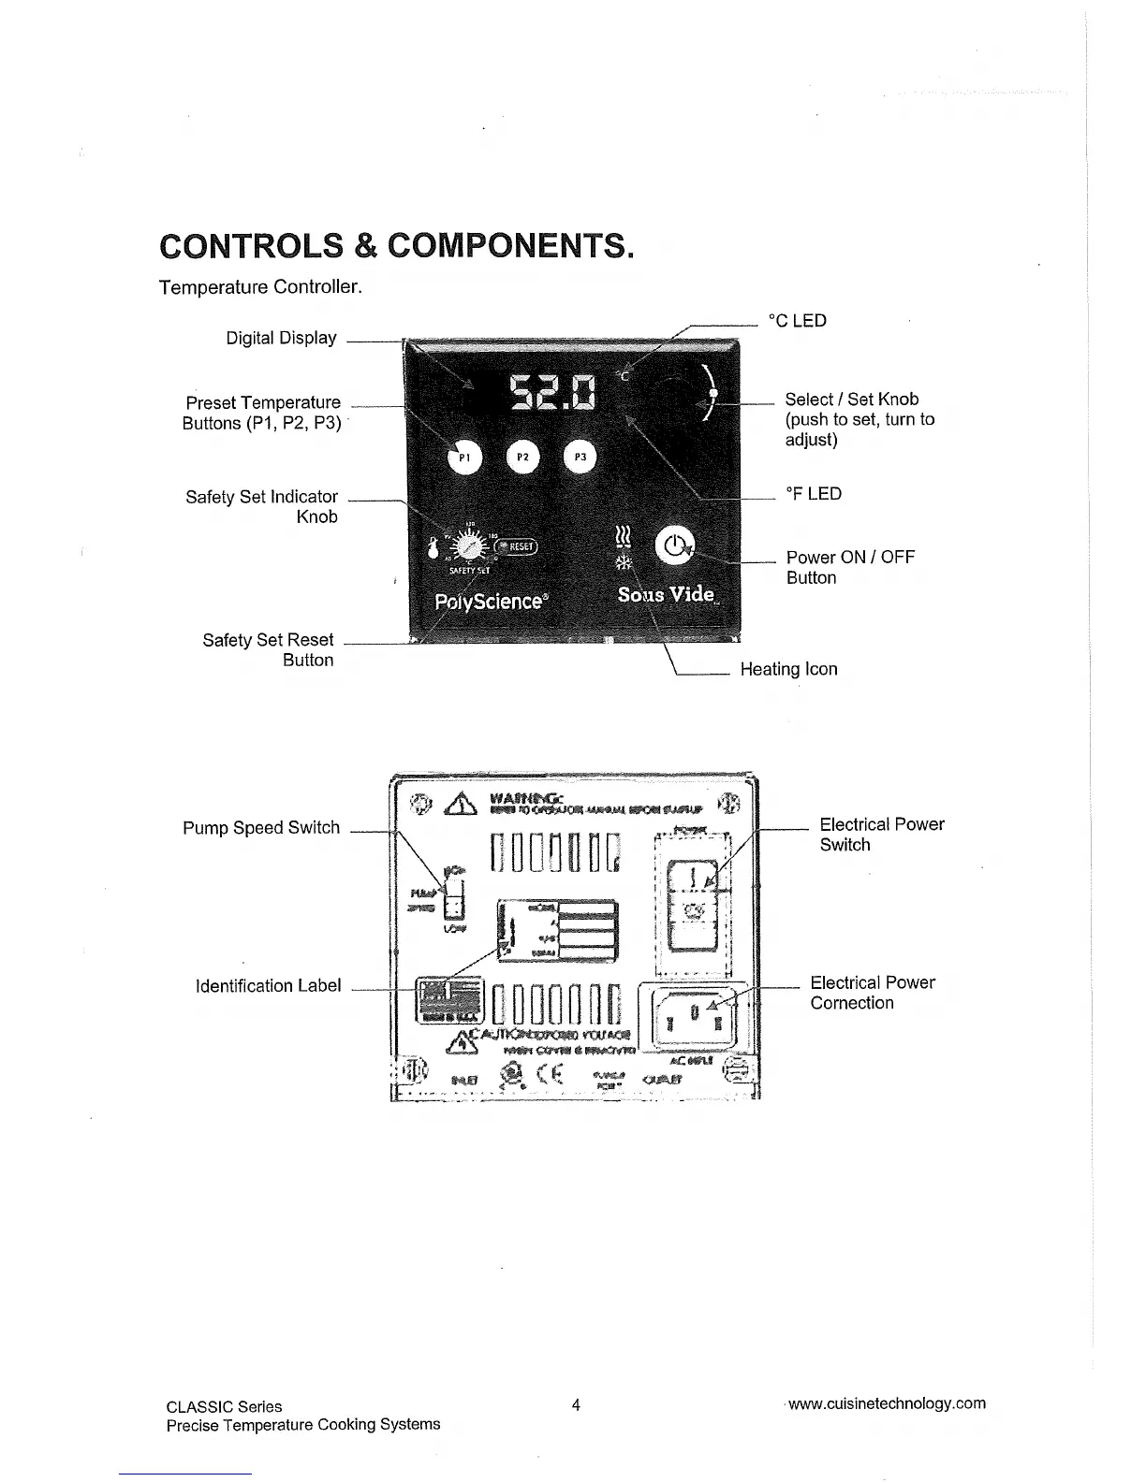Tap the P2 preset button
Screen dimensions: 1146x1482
(x=523, y=458)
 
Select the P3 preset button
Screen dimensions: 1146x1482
(x=580, y=458)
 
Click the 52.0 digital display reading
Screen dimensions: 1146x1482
(x=552, y=392)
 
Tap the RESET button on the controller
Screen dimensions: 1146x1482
(x=516, y=547)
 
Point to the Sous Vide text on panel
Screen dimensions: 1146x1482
(x=667, y=595)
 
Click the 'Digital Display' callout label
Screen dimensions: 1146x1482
(x=281, y=338)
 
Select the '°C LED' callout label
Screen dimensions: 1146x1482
(x=797, y=321)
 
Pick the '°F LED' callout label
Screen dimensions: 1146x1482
(x=813, y=493)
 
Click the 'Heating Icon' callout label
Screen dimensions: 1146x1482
(x=788, y=669)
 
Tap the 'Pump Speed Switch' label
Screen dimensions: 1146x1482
(x=261, y=828)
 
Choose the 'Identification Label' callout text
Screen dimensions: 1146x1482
(x=268, y=986)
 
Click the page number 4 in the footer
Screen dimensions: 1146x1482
(x=576, y=1404)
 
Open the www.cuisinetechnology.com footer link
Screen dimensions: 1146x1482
(x=887, y=1403)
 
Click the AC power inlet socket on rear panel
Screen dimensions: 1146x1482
(x=693, y=1016)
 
